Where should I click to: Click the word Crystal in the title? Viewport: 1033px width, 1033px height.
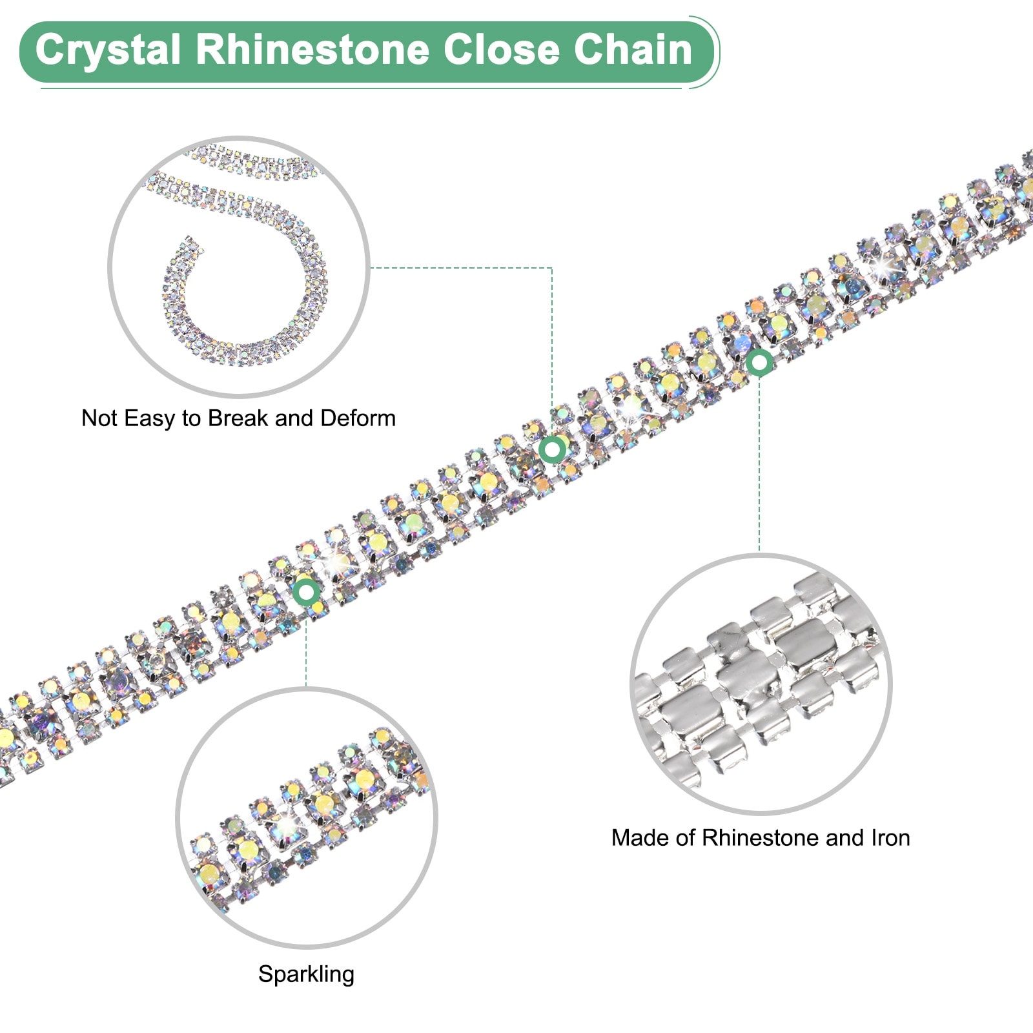pos(107,50)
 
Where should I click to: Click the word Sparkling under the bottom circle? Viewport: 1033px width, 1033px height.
pos(306,974)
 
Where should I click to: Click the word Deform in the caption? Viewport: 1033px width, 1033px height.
pos(358,418)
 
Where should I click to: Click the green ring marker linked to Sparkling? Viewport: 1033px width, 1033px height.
pos(306,591)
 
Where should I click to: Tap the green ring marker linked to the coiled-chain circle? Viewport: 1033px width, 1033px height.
pos(552,449)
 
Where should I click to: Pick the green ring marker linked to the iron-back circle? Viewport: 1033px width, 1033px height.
pos(759,362)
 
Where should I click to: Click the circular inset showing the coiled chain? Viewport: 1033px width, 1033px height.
pos(239,266)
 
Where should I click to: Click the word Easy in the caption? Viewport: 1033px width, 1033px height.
pos(150,418)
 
